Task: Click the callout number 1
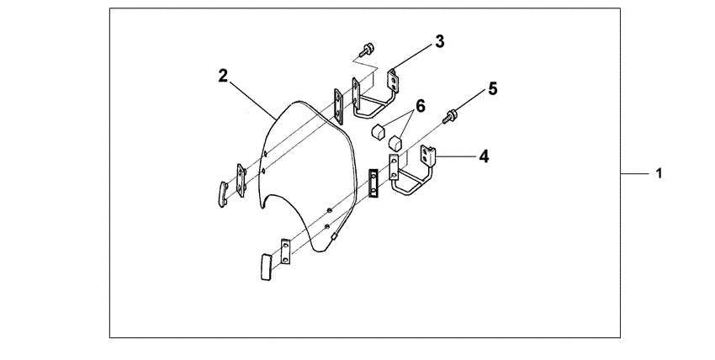click(x=659, y=174)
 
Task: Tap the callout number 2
click(x=222, y=75)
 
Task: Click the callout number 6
click(x=421, y=107)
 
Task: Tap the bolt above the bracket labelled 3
click(x=367, y=49)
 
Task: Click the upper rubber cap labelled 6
click(x=379, y=130)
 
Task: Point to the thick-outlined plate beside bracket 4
click(x=373, y=183)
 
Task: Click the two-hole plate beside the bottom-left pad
click(x=286, y=249)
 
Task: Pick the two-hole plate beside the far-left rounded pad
click(x=240, y=181)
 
